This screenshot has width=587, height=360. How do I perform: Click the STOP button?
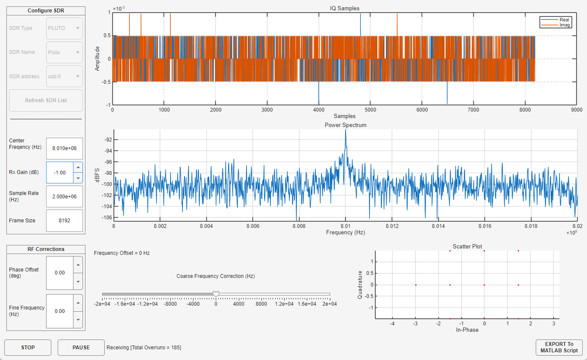(x=28, y=347)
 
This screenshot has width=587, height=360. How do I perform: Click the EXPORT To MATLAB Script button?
(x=559, y=347)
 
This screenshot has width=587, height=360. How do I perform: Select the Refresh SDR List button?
(x=46, y=100)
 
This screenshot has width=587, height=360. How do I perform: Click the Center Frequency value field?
(x=64, y=148)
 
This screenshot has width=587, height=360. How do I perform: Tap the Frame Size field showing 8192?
(x=64, y=221)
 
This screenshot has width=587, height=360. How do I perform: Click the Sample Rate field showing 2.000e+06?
(x=64, y=196)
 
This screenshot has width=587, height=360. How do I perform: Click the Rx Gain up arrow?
(x=78, y=167)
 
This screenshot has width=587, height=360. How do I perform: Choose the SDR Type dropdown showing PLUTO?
(x=64, y=28)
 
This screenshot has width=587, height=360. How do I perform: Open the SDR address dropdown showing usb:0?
(x=64, y=77)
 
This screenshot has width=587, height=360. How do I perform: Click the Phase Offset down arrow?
(x=78, y=281)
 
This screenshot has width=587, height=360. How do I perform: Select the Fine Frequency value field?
(x=60, y=311)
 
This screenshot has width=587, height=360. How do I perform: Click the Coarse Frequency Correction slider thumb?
(x=216, y=293)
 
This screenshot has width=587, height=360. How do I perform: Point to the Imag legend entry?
(x=564, y=25)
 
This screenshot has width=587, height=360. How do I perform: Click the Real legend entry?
(x=564, y=20)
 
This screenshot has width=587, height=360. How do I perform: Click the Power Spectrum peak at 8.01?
(x=345, y=131)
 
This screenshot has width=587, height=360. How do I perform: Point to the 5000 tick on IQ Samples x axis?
(x=370, y=109)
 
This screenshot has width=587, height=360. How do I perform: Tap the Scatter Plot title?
(x=467, y=246)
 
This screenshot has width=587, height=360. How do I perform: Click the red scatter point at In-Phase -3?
(x=415, y=285)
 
